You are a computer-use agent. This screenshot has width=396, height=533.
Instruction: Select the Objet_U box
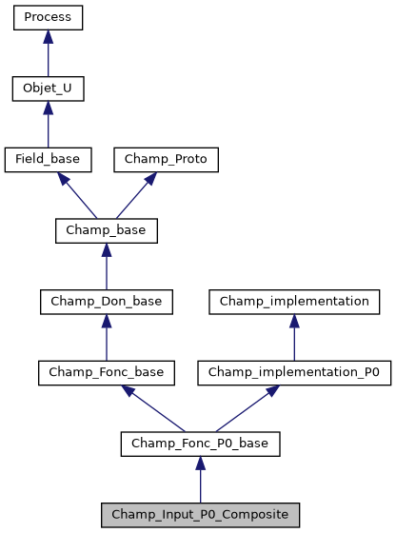(48, 89)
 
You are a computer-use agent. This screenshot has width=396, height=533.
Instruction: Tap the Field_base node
(48, 160)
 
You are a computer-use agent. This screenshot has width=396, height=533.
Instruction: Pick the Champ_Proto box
(167, 160)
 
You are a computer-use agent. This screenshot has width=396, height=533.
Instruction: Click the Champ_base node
(106, 231)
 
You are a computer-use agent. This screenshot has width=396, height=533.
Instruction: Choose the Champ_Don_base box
(106, 302)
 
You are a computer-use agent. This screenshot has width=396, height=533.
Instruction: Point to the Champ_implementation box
(294, 302)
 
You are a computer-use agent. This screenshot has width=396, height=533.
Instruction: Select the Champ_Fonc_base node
(106, 373)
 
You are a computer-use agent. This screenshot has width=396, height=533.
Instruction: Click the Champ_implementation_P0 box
(294, 373)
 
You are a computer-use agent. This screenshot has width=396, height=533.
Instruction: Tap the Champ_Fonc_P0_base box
(200, 444)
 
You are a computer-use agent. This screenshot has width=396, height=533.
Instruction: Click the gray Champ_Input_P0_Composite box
(200, 515)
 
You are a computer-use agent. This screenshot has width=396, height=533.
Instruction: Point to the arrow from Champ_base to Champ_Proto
(136, 196)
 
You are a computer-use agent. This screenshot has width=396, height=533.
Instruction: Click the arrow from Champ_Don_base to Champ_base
(106, 267)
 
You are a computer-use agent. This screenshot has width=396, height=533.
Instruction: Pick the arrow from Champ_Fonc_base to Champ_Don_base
(106, 338)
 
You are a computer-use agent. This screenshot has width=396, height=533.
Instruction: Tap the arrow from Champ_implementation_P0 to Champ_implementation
(294, 338)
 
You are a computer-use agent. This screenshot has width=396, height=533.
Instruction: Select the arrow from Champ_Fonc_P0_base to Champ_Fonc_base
(152, 408)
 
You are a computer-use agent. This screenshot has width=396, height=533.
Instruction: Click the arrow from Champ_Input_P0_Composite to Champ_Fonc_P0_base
(200, 480)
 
